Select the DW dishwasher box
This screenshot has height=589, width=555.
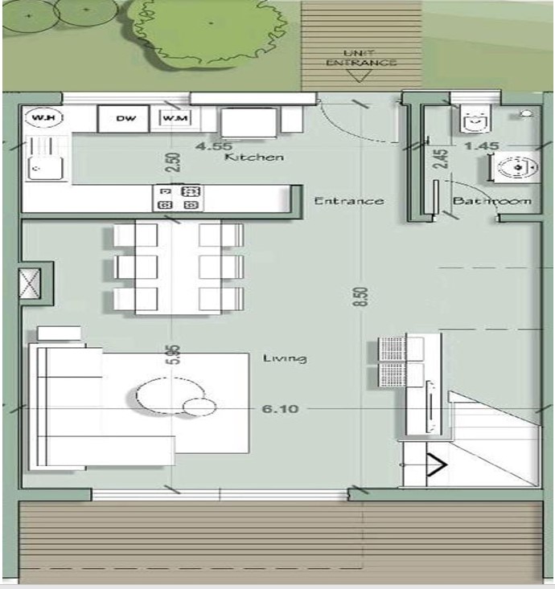(125, 120)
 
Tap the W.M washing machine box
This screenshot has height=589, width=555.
(175, 120)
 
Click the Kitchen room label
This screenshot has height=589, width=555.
(254, 157)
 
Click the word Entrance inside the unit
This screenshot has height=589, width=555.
(348, 201)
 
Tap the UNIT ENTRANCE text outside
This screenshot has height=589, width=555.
(359, 57)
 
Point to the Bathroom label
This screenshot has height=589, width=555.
(491, 200)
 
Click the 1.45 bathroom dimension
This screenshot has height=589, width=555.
(483, 146)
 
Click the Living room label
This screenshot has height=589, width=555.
(285, 358)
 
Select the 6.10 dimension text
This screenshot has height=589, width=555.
(280, 409)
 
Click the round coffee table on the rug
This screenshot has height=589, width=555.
(161, 395)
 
